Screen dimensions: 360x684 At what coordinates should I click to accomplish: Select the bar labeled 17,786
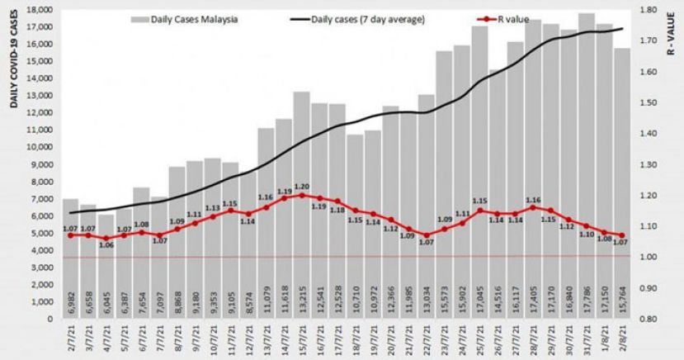586,165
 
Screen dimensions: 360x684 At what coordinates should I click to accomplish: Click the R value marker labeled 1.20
301,195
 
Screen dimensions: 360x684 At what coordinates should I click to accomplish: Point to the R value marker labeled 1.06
106,238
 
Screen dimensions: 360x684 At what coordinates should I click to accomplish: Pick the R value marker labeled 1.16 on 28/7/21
532,207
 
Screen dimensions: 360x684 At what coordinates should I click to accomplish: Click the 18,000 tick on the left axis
39,10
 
